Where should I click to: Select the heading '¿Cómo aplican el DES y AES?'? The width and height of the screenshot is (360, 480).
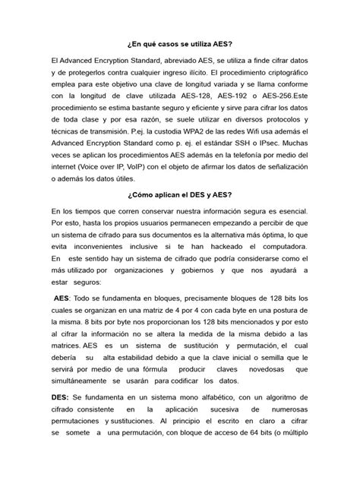tap(179, 194)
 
